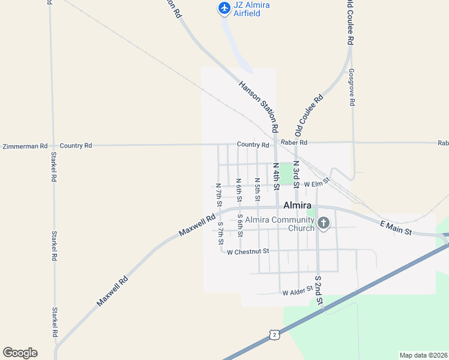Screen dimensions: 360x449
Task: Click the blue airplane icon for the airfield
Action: point(224,8)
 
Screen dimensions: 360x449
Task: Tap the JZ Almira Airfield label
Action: point(252,9)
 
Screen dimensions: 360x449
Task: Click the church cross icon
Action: point(324,224)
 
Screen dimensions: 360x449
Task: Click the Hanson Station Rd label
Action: point(259,107)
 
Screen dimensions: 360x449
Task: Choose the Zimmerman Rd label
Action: point(25,146)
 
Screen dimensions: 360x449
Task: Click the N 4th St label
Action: point(276,176)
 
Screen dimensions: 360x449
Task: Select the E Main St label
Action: point(396,227)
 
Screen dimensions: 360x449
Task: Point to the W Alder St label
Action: point(298,292)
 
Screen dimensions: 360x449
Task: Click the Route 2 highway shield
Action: point(274,334)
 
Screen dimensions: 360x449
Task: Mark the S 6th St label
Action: point(240,225)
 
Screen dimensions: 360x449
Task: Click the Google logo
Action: point(20,353)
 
